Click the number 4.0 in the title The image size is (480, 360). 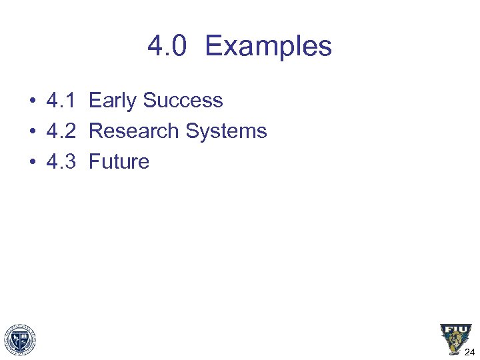tap(169, 46)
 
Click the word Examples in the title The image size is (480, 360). tap(268, 46)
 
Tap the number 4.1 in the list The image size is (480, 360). tap(61, 101)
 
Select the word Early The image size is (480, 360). tap(113, 101)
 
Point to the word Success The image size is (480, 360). tap(183, 101)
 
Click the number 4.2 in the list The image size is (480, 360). tap(61, 131)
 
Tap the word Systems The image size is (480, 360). tap(226, 131)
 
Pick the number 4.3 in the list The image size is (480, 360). tap(61, 162)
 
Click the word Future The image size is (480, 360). tap(119, 162)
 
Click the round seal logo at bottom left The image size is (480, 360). tap(20, 340)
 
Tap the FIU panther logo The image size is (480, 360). tap(455, 339)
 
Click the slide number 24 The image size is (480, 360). tap(469, 353)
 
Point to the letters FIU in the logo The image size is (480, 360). tap(455, 330)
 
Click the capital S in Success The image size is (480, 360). tap(149, 101)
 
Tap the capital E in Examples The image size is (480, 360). tap(213, 46)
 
